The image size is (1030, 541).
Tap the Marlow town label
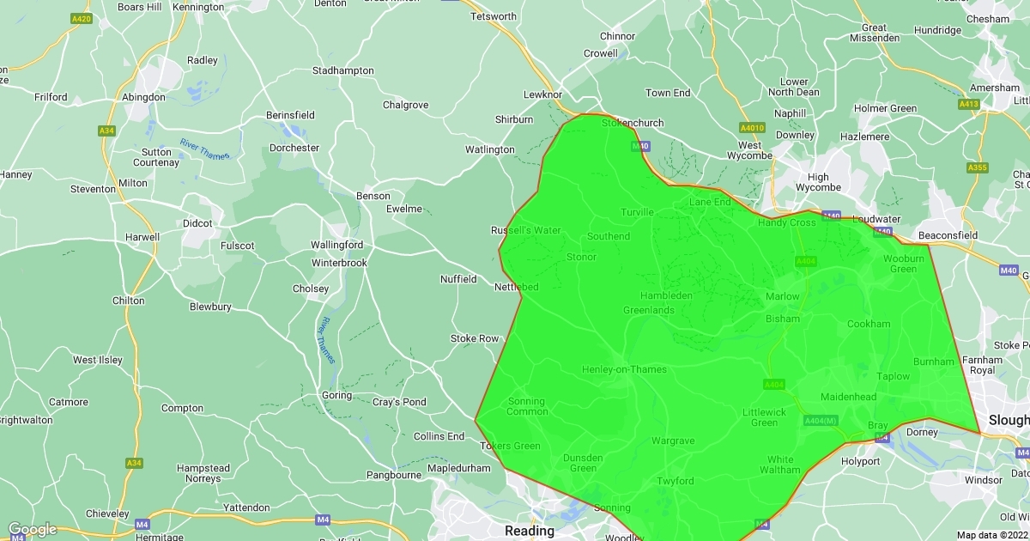782,296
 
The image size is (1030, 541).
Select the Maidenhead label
848,397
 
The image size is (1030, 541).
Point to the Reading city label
530,531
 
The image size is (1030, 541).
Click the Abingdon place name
143,97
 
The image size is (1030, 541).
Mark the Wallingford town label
336,245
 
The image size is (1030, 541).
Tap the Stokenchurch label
632,123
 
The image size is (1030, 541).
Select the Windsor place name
984,480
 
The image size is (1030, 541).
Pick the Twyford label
675,481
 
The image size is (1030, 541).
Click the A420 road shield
82,18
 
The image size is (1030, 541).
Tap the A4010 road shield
751,128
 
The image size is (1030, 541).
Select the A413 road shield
968,104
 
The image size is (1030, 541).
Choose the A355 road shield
977,167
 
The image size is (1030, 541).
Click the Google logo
32,530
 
